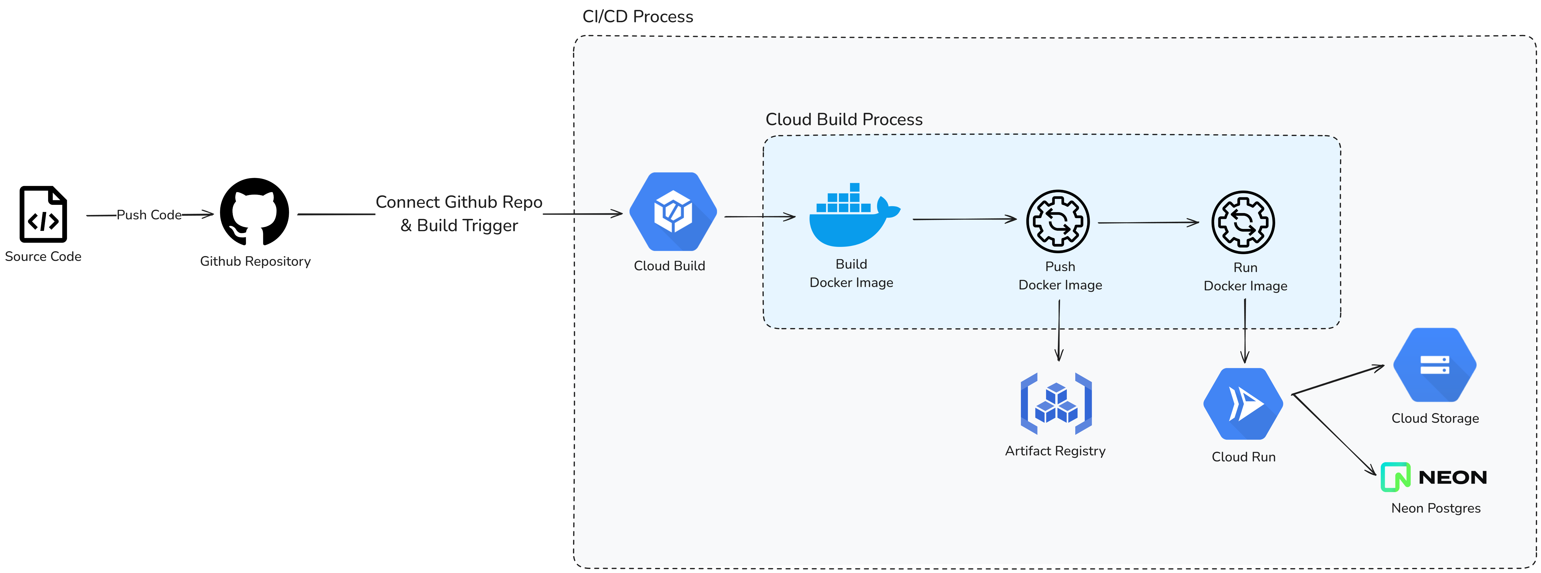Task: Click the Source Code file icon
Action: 43,214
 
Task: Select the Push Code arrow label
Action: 149,215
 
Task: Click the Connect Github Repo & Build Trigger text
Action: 459,214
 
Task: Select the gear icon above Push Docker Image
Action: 1058,221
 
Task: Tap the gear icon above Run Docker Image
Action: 1243,222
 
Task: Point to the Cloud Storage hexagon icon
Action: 1434,365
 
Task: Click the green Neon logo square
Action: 1395,477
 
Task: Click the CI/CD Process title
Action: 638,17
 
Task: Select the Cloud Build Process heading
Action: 843,120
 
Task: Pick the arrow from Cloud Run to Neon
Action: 1334,435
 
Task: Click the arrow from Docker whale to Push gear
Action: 964,220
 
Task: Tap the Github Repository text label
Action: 255,261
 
